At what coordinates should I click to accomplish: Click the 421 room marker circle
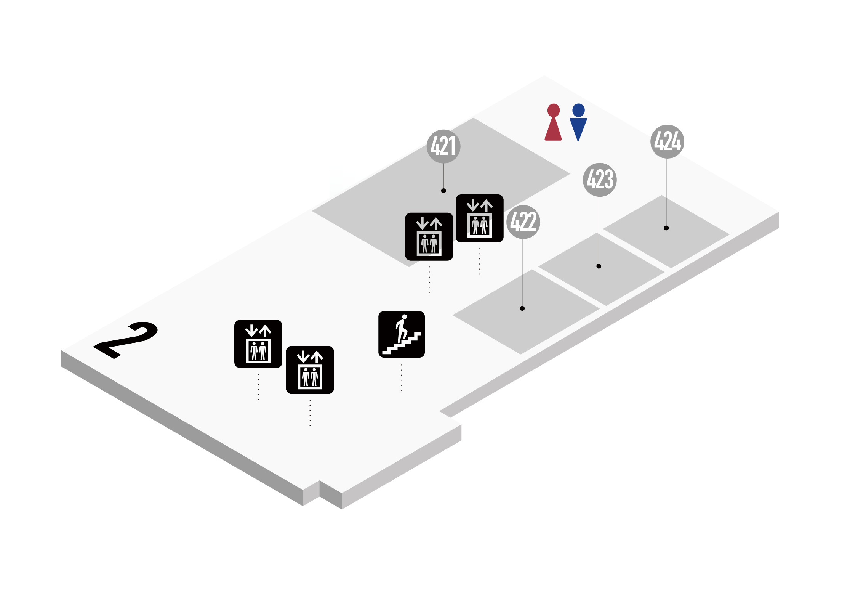[443, 146]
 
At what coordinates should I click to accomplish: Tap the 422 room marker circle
[523, 222]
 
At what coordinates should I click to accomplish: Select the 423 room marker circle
[600, 180]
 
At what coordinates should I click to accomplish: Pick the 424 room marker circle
[667, 141]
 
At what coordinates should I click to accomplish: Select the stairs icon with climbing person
[402, 334]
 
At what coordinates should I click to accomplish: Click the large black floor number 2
[126, 340]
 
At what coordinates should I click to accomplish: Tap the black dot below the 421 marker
[443, 191]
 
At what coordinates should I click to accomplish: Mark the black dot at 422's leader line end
[522, 308]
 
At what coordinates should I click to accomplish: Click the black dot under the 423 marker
[599, 266]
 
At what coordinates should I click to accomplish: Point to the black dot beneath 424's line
[666, 228]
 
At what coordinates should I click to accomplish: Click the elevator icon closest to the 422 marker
[480, 218]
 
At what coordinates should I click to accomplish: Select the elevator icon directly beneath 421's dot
[429, 237]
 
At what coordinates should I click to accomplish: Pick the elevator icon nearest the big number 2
[258, 344]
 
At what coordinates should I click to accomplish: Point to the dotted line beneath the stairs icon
[402, 377]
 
